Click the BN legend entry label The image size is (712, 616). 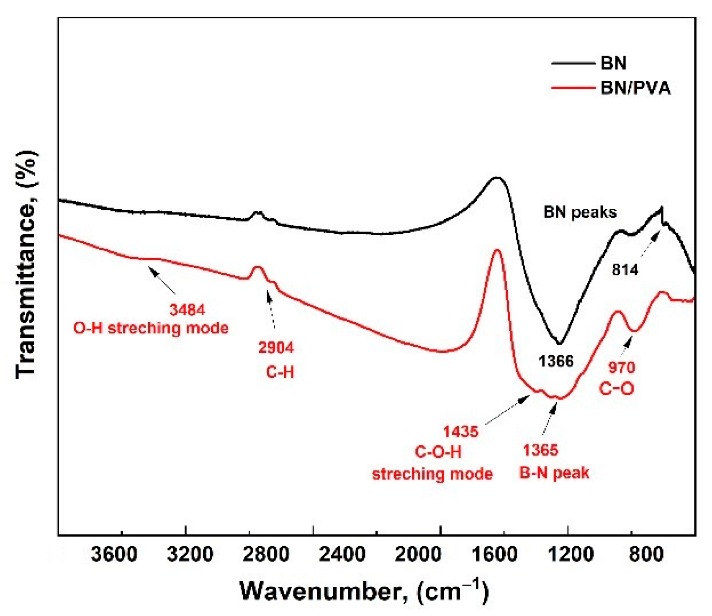tap(613, 64)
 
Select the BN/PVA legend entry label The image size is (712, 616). tap(635, 88)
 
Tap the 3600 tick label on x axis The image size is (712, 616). tap(114, 555)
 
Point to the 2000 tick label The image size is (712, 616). tap(418, 555)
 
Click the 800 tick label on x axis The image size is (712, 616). tap(640, 555)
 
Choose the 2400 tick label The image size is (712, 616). tap(342, 555)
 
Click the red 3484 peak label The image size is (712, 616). tap(187, 310)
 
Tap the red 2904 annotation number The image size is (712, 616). tap(276, 348)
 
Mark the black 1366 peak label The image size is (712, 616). tap(555, 361)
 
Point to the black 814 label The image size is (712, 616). tap(625, 270)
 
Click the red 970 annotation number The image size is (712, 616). tap(621, 368)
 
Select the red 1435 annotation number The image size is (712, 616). tap(460, 431)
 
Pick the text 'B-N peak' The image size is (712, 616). tap(554, 473)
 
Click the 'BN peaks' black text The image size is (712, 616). tap(580, 213)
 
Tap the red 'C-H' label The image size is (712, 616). tap(280, 372)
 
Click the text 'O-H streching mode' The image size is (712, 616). tap(151, 328)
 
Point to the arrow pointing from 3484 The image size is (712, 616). tap(162, 281)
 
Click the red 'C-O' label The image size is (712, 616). tap(616, 389)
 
